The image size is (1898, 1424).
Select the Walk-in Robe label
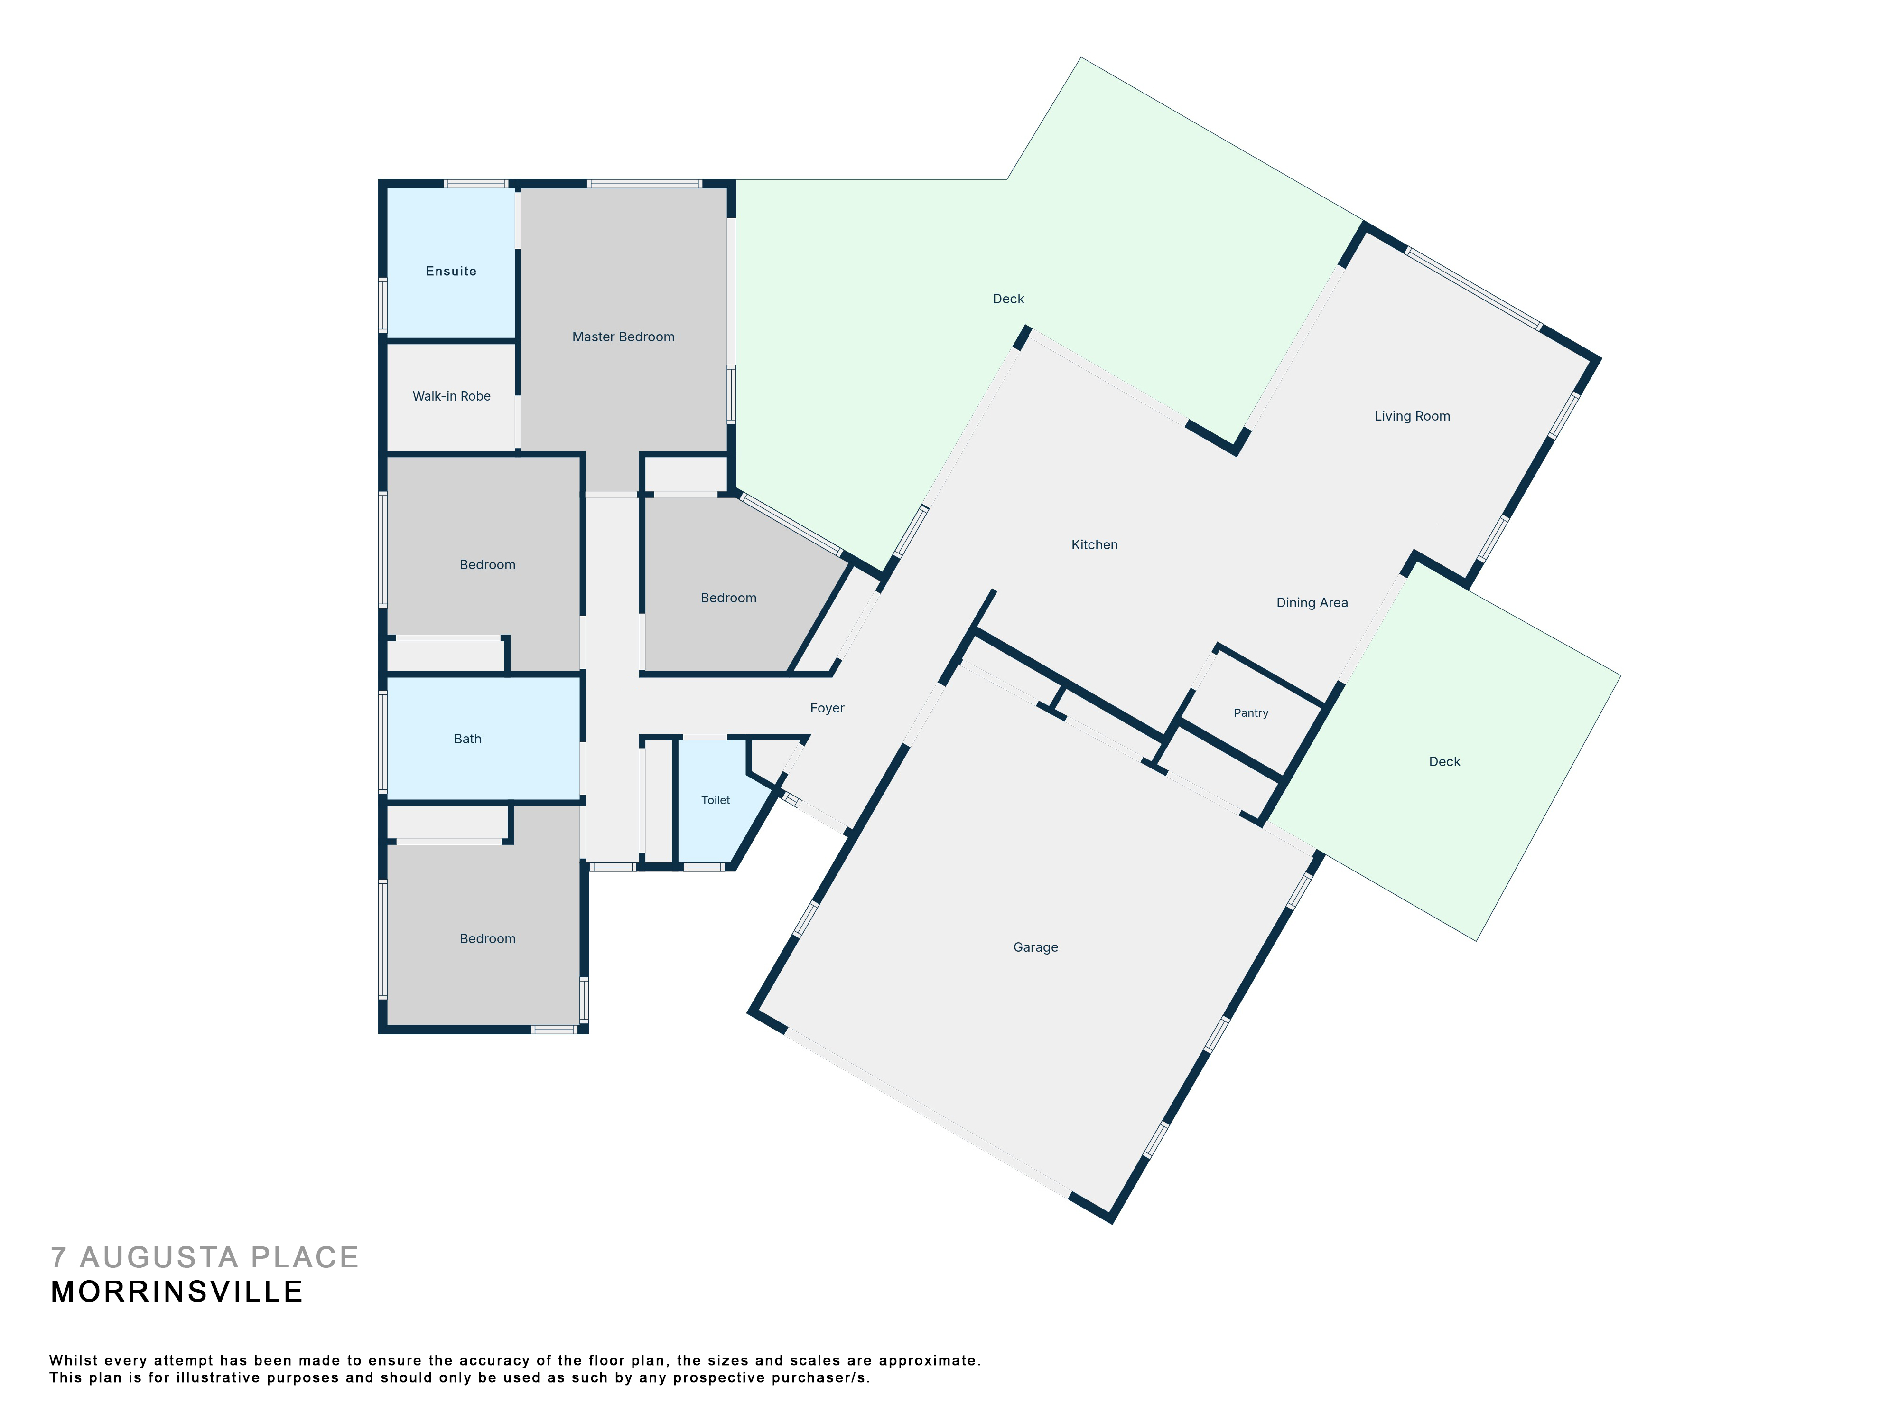(451, 396)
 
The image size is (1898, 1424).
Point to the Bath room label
(468, 739)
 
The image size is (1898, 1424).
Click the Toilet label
(716, 800)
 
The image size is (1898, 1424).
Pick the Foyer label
(827, 708)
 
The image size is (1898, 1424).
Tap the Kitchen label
(1094, 545)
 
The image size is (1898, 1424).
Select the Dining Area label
(1312, 602)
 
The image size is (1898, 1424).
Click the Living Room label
(1412, 416)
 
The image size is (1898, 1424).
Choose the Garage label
(1036, 947)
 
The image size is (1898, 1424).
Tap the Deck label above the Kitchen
(1008, 299)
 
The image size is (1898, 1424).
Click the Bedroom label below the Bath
(487, 939)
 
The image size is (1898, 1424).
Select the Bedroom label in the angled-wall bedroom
(728, 598)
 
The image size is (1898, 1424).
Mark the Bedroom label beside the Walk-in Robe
(487, 565)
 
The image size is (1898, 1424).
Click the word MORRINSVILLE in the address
(177, 1292)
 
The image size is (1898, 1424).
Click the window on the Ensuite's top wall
(475, 183)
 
